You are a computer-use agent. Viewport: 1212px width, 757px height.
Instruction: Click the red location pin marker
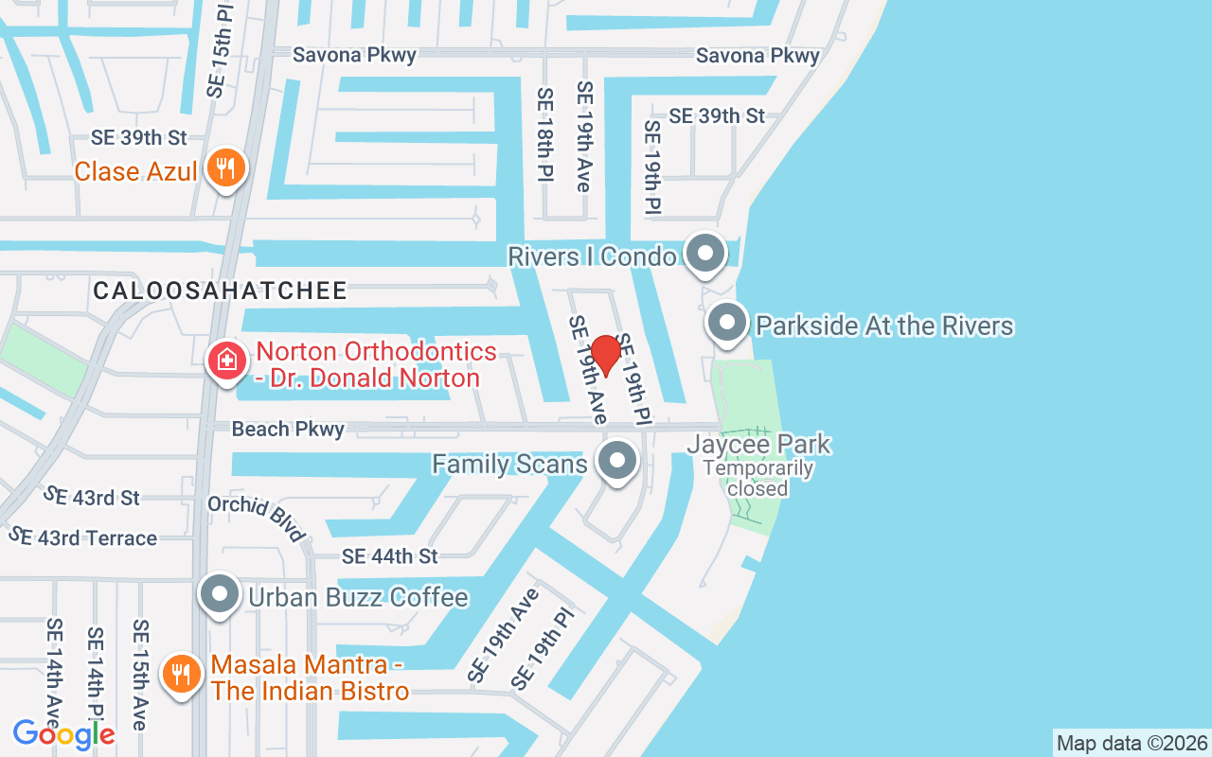point(605,355)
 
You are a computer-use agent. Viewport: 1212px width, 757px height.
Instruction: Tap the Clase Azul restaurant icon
point(225,169)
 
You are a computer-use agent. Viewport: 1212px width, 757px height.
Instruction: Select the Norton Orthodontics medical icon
point(227,361)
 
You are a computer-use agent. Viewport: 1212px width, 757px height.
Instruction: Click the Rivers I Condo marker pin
point(704,254)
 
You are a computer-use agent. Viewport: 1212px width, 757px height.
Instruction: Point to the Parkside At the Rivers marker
point(727,324)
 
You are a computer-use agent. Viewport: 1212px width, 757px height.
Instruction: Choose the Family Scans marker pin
point(618,462)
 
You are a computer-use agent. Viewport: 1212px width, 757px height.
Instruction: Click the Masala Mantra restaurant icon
point(179,675)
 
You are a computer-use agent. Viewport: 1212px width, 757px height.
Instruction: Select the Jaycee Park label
point(758,444)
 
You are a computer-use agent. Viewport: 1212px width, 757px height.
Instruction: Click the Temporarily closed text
point(758,478)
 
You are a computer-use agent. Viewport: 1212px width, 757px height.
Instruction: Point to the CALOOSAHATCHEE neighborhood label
point(220,290)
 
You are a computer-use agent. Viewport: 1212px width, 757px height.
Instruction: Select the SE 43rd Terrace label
point(82,537)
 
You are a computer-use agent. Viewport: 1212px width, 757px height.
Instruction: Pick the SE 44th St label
point(390,556)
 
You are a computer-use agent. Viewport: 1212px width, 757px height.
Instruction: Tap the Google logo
point(63,733)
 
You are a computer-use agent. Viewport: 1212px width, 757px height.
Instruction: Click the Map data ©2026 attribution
point(1132,743)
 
